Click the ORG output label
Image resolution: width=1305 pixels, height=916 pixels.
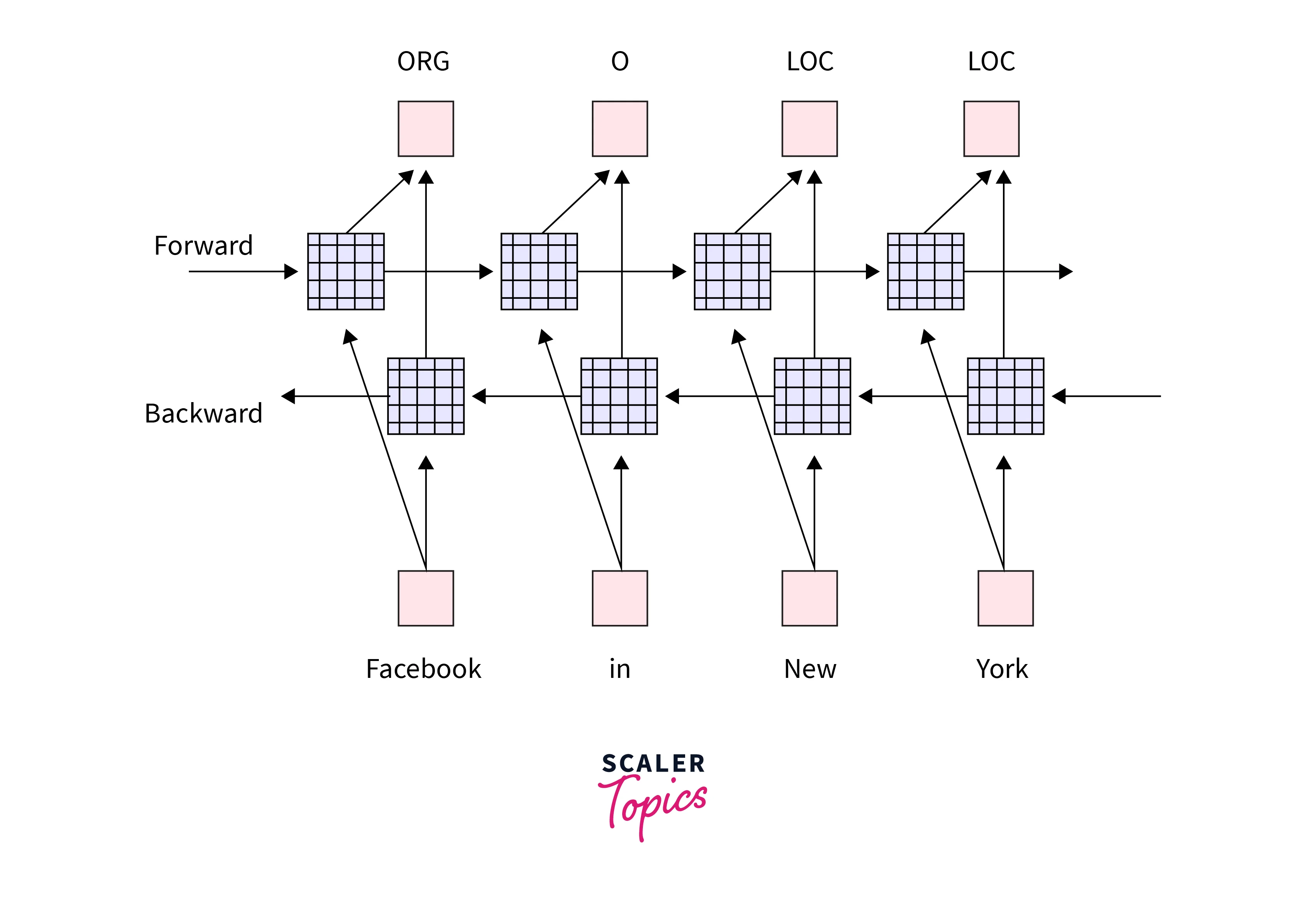(x=423, y=61)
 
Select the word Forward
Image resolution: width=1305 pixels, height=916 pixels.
(x=203, y=246)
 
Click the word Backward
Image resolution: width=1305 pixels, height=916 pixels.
(x=203, y=413)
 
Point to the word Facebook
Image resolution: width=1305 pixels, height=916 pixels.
(x=423, y=669)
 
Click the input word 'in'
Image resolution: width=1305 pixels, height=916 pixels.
(x=619, y=669)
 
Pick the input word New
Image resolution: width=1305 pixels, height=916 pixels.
(x=810, y=669)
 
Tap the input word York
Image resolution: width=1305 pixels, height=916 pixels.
(x=1002, y=669)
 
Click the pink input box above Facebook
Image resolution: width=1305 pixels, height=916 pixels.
(x=426, y=598)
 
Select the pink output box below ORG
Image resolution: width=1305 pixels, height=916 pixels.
(x=426, y=129)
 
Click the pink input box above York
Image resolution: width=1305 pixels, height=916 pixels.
(x=1006, y=598)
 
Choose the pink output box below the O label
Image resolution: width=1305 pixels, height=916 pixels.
(x=619, y=129)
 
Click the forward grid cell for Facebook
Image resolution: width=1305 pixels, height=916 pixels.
(x=345, y=271)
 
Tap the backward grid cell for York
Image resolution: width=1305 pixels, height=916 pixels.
(x=1006, y=396)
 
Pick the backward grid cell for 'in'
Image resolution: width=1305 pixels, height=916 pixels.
(x=619, y=396)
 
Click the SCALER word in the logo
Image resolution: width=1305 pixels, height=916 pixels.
(x=654, y=764)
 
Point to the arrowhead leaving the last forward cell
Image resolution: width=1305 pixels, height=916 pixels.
(x=1066, y=271)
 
